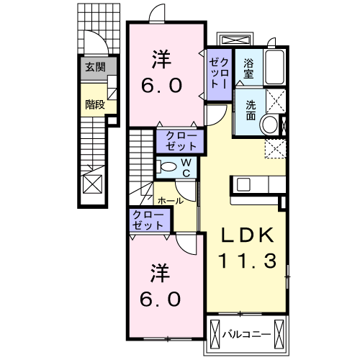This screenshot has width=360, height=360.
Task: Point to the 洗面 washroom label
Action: [250, 109]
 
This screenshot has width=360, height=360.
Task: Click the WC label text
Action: [185, 168]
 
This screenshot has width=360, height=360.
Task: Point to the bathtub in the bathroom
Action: [275, 69]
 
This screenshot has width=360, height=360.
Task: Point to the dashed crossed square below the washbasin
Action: [275, 148]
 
